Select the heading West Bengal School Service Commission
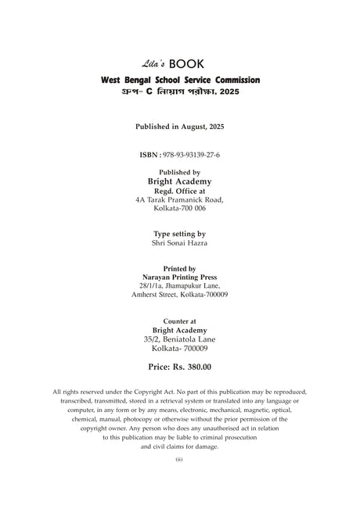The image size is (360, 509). [180, 81]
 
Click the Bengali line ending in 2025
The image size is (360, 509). [180, 91]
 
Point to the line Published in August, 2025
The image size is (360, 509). [179, 126]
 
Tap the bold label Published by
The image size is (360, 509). [180, 172]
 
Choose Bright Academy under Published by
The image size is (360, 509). [180, 181]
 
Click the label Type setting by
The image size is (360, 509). [180, 233]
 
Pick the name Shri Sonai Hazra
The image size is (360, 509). [180, 243]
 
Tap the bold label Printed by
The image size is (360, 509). [180, 267]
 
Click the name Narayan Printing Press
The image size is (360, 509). [180, 277]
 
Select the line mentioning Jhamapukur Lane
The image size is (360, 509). [180, 285]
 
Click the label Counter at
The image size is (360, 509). [180, 321]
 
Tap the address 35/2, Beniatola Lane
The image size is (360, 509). [180, 339]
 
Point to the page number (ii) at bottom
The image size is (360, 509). [179, 460]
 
